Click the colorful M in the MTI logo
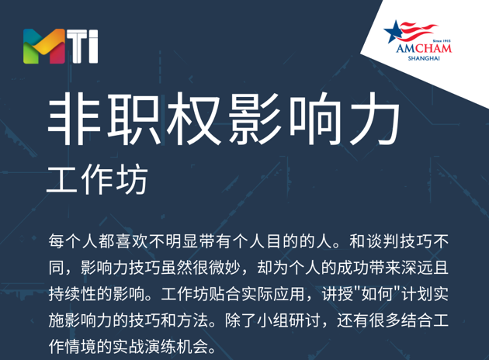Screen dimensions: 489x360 pos(44,46)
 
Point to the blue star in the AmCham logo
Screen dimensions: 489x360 pos(393,32)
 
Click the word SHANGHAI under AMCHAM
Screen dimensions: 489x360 pos(424,58)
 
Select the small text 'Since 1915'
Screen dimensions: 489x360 pos(442,41)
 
